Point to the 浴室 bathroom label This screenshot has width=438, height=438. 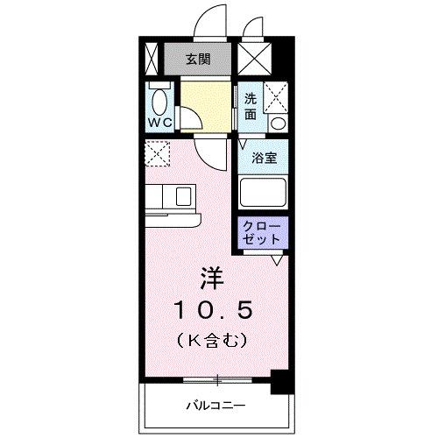tap(265, 158)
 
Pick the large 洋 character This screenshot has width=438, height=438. tap(213, 279)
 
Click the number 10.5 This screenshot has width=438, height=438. tap(213, 309)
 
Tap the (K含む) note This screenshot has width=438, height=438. tap(213, 338)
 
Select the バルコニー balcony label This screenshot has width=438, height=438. tap(214, 405)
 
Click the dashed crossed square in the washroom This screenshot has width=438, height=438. tap(277, 95)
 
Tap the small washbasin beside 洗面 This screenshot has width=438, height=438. tap(278, 122)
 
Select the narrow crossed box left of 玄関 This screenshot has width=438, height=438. tap(151, 60)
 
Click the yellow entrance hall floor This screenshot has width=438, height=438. tap(208, 105)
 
